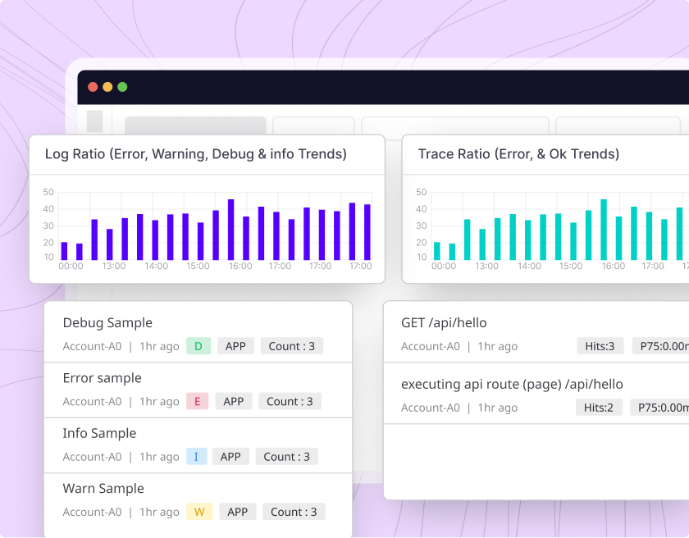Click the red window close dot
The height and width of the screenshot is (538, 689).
(x=93, y=87)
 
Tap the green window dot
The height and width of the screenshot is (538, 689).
(x=122, y=87)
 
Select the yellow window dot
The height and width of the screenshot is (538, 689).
(x=107, y=87)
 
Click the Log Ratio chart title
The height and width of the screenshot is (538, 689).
(x=195, y=154)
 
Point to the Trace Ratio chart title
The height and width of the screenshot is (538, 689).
(x=518, y=154)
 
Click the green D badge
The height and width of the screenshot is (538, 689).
(x=198, y=346)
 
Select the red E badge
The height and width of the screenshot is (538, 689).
(x=197, y=401)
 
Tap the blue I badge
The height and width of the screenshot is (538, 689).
(x=196, y=457)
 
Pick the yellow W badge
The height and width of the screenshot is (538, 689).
(x=198, y=512)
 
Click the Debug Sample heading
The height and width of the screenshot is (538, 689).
(x=107, y=323)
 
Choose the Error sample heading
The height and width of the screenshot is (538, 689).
(x=102, y=378)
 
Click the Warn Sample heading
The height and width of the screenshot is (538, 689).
(x=103, y=489)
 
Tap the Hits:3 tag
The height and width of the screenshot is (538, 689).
(x=600, y=346)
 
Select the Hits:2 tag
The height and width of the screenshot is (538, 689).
(x=599, y=408)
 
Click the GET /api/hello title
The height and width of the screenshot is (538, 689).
(x=444, y=323)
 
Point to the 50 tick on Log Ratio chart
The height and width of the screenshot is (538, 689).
(x=48, y=193)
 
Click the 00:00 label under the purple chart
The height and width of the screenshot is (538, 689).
(x=71, y=266)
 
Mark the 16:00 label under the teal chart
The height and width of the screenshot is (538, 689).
(x=614, y=266)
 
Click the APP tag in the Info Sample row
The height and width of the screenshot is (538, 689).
(x=230, y=457)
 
